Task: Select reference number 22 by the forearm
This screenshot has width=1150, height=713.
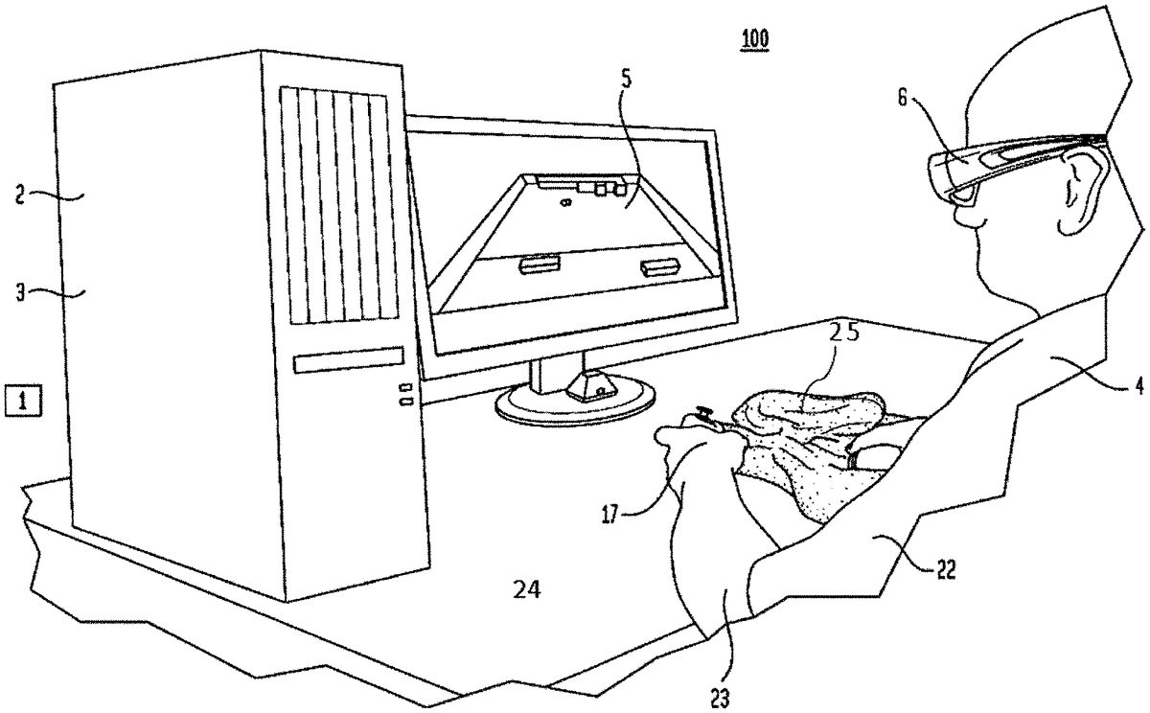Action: [944, 570]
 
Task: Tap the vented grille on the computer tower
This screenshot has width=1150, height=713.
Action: [337, 205]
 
